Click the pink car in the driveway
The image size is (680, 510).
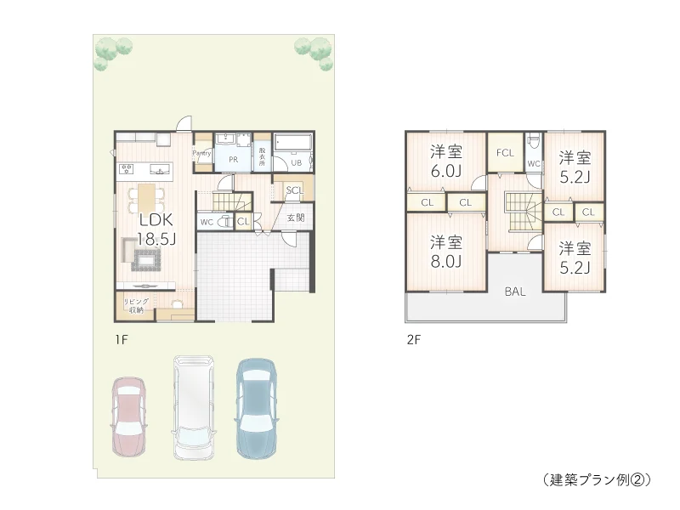[130, 415]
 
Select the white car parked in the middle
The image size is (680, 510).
[194, 407]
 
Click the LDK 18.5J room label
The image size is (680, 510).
[156, 229]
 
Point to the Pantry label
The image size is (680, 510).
[202, 153]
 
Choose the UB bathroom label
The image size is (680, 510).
[297, 161]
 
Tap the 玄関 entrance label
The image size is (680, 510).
[296, 218]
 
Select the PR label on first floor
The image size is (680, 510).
[231, 158]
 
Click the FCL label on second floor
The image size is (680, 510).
[505, 153]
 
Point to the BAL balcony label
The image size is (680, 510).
[514, 291]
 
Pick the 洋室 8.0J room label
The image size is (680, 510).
[445, 251]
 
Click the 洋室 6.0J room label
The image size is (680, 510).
[445, 161]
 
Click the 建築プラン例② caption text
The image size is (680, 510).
[596, 479]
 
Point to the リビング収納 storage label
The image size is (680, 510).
[136, 306]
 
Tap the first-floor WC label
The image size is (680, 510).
[207, 222]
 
